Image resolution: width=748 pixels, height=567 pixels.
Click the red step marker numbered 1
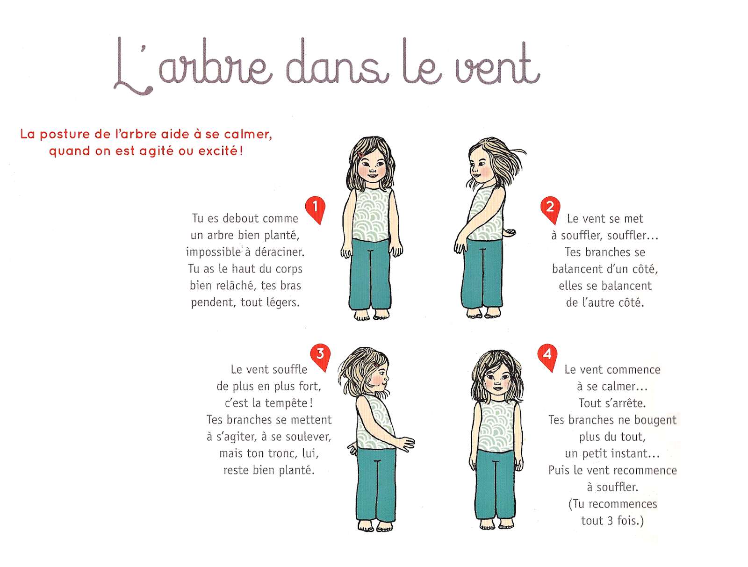[x=315, y=208]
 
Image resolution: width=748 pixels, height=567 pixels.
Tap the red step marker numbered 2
[x=550, y=208]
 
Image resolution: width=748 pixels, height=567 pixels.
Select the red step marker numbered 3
[x=320, y=356]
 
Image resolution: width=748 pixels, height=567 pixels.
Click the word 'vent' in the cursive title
[x=497, y=65]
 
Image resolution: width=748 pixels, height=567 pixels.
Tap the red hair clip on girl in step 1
[x=361, y=155]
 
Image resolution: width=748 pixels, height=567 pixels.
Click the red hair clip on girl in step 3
[x=375, y=365]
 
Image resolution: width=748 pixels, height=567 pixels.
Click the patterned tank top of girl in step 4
[x=496, y=426]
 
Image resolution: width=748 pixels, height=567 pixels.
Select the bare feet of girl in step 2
[x=483, y=313]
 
